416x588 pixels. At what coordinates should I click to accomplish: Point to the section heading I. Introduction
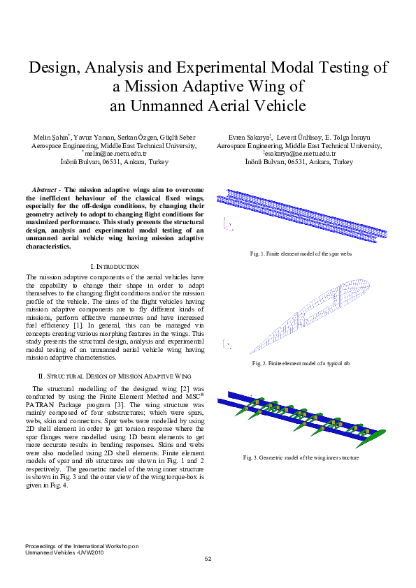(x=115, y=267)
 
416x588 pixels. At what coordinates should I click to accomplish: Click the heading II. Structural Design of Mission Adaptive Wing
(x=115, y=375)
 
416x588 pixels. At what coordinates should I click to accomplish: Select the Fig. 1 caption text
(x=301, y=253)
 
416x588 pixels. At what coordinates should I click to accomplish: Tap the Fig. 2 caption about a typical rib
(x=301, y=364)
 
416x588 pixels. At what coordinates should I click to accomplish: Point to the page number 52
(x=208, y=559)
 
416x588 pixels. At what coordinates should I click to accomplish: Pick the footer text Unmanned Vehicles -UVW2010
(x=65, y=552)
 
